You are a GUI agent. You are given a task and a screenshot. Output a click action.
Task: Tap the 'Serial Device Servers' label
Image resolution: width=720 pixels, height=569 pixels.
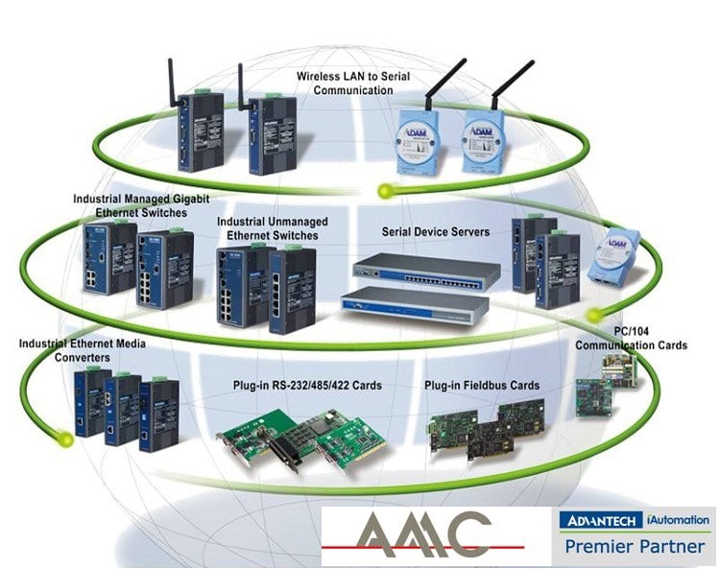(435, 231)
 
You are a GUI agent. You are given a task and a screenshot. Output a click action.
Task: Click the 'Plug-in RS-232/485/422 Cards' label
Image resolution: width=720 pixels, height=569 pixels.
(307, 386)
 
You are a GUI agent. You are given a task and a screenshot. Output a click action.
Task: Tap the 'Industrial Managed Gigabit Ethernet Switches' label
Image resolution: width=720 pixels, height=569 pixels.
(141, 205)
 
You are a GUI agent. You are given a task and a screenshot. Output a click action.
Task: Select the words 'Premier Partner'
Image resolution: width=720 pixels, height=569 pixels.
(635, 547)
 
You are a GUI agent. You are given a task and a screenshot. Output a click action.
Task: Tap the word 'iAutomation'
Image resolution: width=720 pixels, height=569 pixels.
(677, 520)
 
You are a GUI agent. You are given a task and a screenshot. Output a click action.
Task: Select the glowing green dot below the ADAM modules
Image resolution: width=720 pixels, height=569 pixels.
(387, 188)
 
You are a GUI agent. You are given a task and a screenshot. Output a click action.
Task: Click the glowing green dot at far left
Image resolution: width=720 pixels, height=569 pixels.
(62, 439)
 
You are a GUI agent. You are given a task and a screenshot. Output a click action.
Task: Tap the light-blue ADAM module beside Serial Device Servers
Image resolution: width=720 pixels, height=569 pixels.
(611, 255)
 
